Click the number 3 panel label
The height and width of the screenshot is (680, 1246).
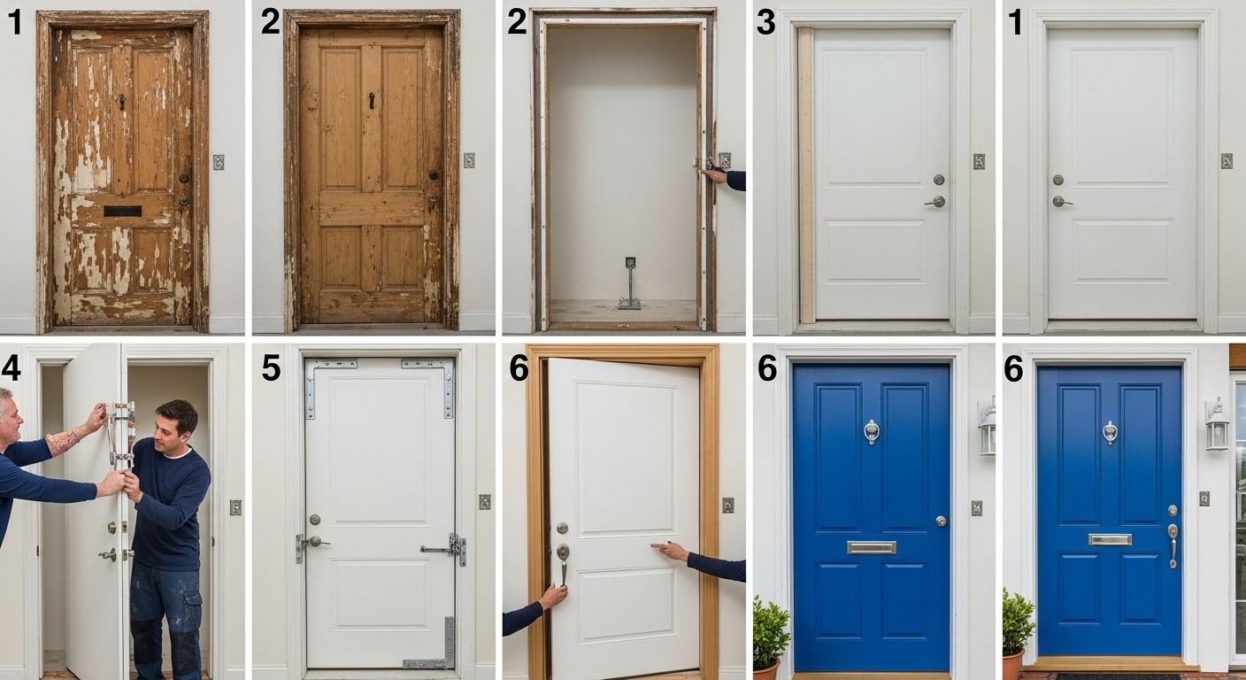(766, 23)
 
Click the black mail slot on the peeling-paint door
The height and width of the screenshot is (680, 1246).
(122, 211)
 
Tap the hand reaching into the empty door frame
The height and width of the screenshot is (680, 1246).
(713, 174)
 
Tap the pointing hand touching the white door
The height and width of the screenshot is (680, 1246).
(669, 552)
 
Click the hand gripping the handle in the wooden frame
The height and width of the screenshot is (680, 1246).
(553, 596)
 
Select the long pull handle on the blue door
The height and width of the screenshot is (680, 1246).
(1173, 544)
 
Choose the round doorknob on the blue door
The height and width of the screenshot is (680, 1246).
(940, 521)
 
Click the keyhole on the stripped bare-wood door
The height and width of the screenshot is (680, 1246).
(372, 99)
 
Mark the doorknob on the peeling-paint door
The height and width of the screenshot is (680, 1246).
(184, 178)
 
